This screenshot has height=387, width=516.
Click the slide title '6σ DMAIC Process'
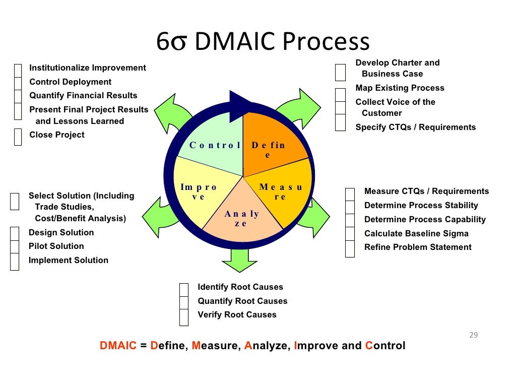[263, 42]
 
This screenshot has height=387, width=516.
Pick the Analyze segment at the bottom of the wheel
[242, 217]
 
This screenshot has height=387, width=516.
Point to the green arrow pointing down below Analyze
[239, 260]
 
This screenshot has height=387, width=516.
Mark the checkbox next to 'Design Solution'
[15, 233]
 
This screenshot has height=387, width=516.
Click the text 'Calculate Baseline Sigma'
[416, 233]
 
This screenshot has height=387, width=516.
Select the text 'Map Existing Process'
[400, 88]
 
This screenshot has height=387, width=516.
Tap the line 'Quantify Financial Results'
[83, 96]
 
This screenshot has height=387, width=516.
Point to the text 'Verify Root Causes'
[237, 315]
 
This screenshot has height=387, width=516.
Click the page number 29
[473, 335]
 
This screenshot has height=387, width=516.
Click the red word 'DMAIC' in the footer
[118, 346]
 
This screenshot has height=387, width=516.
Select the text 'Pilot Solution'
[56, 246]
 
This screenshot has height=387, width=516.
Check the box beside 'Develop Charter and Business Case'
[341, 72]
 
